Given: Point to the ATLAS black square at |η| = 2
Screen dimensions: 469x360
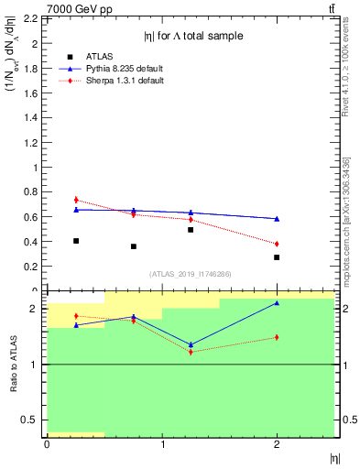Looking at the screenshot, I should coord(277,257).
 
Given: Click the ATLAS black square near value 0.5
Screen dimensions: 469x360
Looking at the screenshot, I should coord(191,230).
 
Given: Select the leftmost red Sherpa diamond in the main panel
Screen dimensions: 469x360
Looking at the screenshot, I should coord(76,200).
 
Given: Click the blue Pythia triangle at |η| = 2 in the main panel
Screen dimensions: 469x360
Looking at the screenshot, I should coord(277,219).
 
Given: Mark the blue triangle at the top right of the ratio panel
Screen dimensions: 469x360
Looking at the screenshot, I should coord(277,303).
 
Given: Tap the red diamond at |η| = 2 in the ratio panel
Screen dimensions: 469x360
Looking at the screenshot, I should coord(277,337).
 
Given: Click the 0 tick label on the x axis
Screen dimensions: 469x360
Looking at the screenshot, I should coord(47,444).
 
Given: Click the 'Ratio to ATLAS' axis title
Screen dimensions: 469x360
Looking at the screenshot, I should coord(13,364).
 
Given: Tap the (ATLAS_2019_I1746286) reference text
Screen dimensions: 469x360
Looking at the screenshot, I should coord(190,274).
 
